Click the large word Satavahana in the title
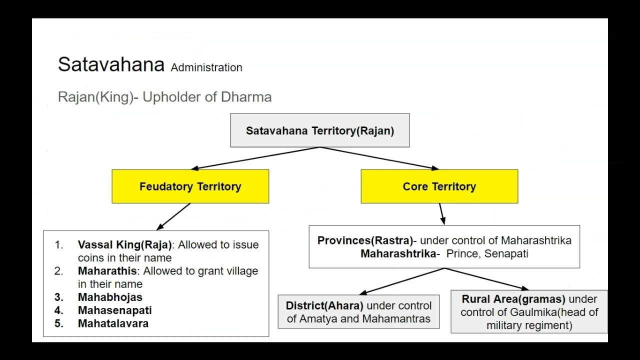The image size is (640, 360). click(x=111, y=64)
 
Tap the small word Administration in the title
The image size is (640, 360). click(x=206, y=67)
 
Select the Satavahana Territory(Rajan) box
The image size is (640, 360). click(x=320, y=130)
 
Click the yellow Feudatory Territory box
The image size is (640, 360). click(x=190, y=186)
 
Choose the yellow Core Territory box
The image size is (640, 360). click(x=439, y=186)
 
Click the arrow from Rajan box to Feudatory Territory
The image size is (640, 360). click(x=255, y=158)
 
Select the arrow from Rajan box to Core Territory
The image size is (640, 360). click(x=380, y=158)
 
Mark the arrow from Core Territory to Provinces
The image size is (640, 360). click(x=441, y=214)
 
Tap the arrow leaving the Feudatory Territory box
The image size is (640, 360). click(x=173, y=216)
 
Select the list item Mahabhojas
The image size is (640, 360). click(x=110, y=297)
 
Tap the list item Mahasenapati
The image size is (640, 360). click(x=115, y=310)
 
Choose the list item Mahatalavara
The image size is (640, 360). click(x=113, y=323)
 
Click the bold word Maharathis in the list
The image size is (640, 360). click(x=107, y=271)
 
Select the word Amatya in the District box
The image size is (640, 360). click(x=317, y=318)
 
